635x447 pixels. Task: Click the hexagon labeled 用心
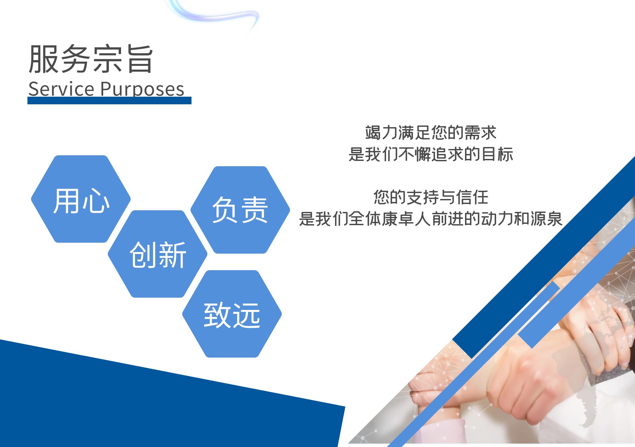point(81,199)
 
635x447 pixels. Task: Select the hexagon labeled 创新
point(157,254)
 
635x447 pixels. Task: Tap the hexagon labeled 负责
point(240,210)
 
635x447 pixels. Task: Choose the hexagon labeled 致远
point(232,314)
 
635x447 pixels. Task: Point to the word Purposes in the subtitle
point(142,89)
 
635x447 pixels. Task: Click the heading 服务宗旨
point(91,59)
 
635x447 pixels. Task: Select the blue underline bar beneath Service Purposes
point(109,101)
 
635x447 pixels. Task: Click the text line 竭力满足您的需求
point(431,133)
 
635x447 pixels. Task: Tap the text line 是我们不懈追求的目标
point(431,154)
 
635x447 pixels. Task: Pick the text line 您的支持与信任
point(431,197)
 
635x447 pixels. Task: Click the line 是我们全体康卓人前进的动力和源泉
point(431,219)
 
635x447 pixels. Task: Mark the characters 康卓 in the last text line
point(398,219)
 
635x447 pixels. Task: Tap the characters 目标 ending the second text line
point(497,154)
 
